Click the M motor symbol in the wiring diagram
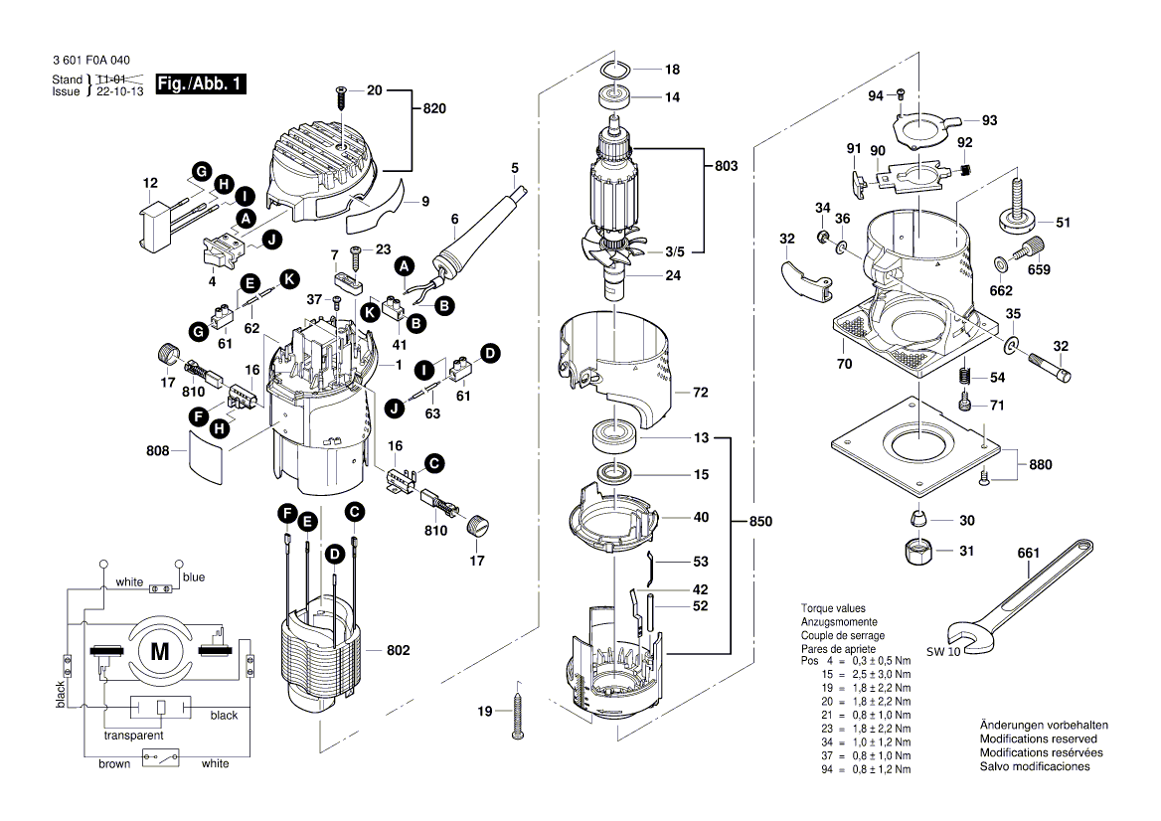159,652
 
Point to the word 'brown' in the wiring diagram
114,763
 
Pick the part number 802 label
398,650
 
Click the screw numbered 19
518,714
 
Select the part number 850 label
760,522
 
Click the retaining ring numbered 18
618,70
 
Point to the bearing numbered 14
617,97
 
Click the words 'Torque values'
833,608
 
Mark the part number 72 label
700,394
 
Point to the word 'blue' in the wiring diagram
194,577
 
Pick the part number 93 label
989,120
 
